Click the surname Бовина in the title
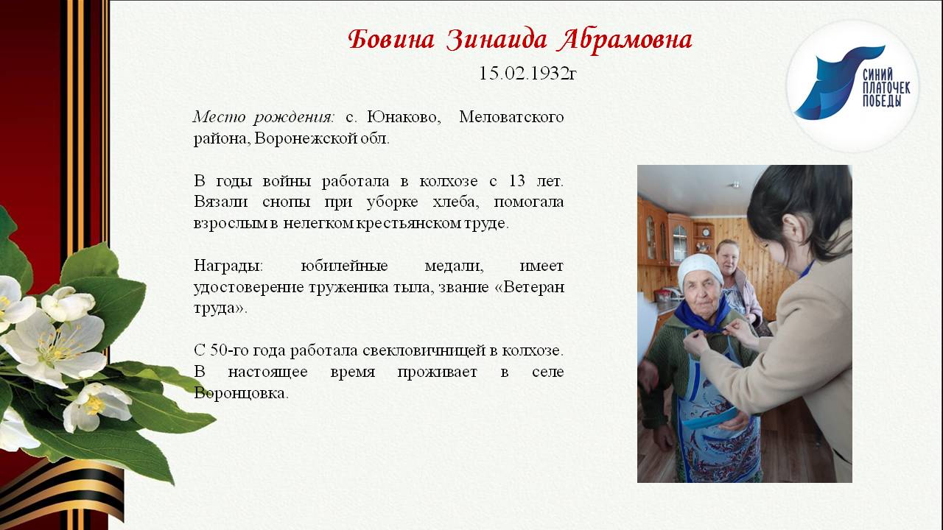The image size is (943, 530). pyautogui.click(x=391, y=40)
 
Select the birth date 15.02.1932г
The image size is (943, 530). pyautogui.click(x=527, y=73)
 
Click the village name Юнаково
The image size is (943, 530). pyautogui.click(x=404, y=116)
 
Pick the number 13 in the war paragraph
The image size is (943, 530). pyautogui.click(x=517, y=180)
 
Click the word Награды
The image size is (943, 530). pyautogui.click(x=228, y=266)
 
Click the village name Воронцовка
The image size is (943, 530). pyautogui.click(x=241, y=393)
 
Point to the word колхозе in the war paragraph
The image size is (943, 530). pyautogui.click(x=449, y=181)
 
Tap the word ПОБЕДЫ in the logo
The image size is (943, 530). pyautogui.click(x=882, y=101)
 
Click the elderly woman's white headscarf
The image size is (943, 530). pyautogui.click(x=699, y=269)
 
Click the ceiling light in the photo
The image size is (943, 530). pyautogui.click(x=735, y=184)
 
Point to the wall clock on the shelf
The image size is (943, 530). pyautogui.click(x=706, y=232)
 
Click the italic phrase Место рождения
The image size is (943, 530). pyautogui.click(x=264, y=117)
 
